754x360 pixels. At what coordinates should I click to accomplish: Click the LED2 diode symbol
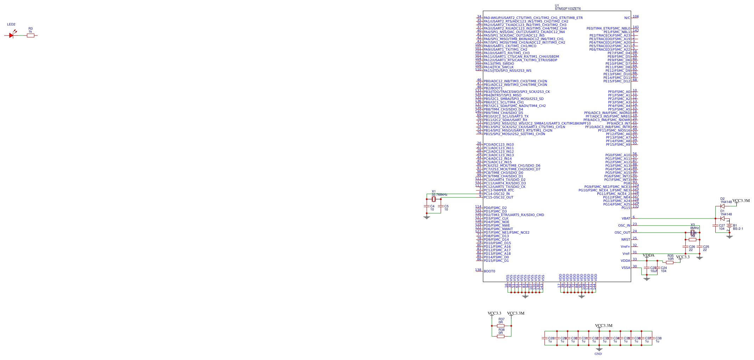(x=12, y=35)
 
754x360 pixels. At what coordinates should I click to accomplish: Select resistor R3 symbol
(x=31, y=35)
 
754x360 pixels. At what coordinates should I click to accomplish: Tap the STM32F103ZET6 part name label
(x=567, y=9)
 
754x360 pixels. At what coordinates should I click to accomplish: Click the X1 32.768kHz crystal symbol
(x=434, y=199)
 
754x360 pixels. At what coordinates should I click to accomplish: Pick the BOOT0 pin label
(x=489, y=271)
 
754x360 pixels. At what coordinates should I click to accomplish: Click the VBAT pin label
(x=626, y=219)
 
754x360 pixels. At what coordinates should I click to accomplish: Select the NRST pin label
(x=626, y=240)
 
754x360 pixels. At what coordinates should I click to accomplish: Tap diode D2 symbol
(x=722, y=206)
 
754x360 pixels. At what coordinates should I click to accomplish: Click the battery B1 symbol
(x=729, y=226)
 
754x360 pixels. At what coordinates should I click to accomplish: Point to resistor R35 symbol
(x=670, y=262)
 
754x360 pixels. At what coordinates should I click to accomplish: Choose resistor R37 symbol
(x=501, y=326)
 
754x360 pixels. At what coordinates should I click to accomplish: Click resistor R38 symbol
(x=501, y=336)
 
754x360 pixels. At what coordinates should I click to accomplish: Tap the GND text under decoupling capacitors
(x=598, y=354)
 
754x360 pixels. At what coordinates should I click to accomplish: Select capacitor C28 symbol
(x=545, y=338)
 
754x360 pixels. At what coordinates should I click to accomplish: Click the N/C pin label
(x=627, y=18)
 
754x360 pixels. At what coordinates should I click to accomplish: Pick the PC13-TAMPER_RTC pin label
(x=499, y=190)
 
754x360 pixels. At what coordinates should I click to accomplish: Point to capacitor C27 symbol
(x=715, y=226)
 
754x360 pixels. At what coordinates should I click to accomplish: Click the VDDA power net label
(x=648, y=255)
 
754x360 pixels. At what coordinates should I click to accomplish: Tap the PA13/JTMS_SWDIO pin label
(x=498, y=64)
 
